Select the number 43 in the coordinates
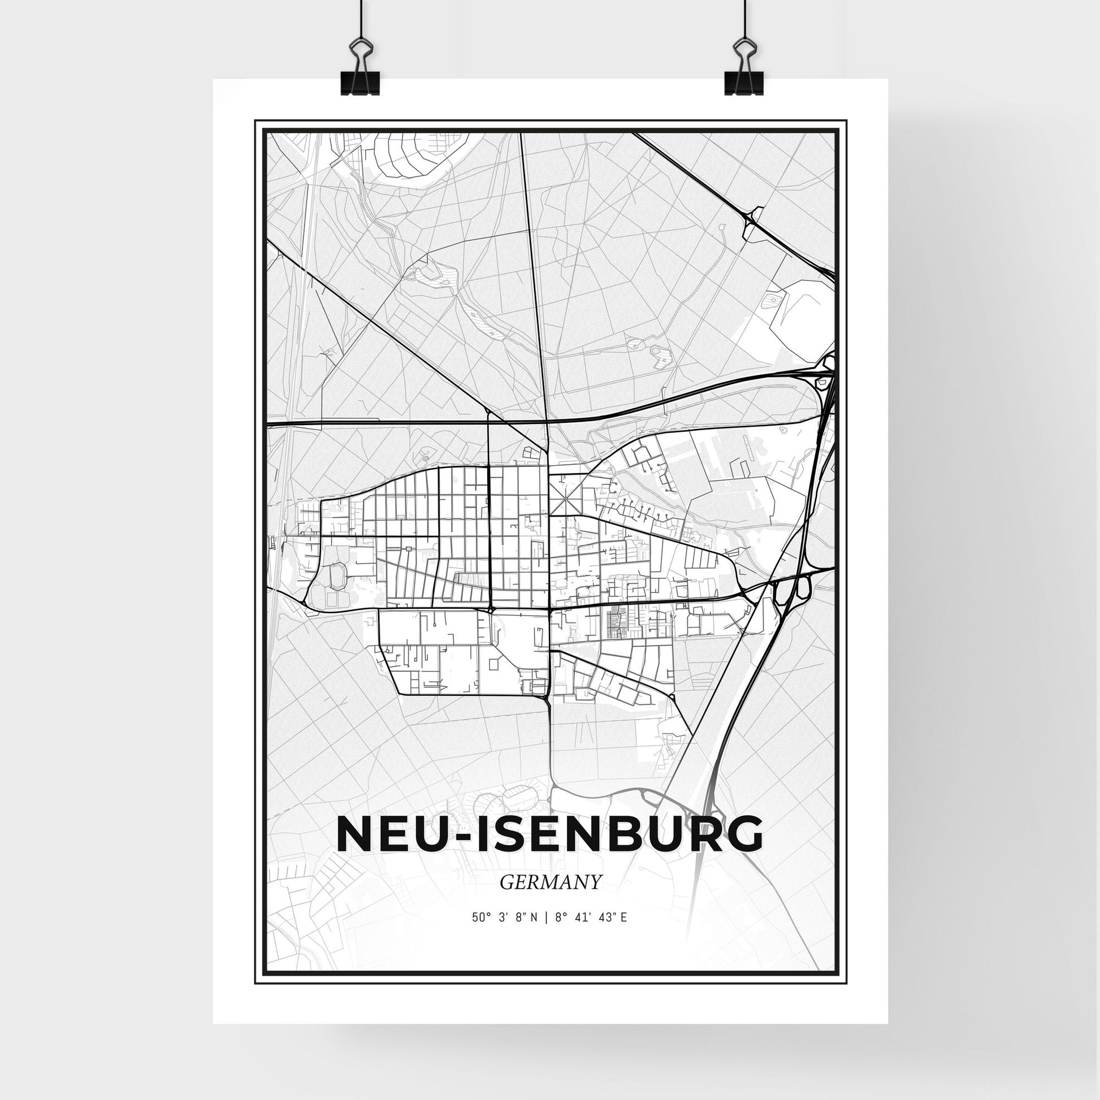(x=604, y=917)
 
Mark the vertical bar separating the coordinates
(x=545, y=917)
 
